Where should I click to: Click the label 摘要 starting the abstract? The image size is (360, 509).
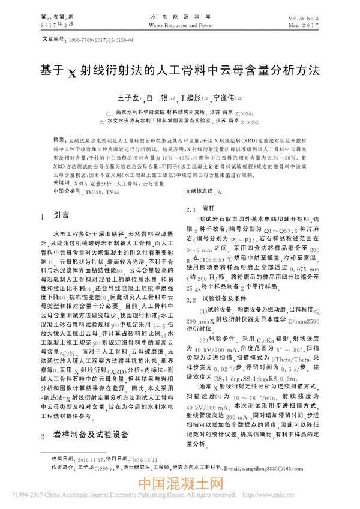coord(59,137)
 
